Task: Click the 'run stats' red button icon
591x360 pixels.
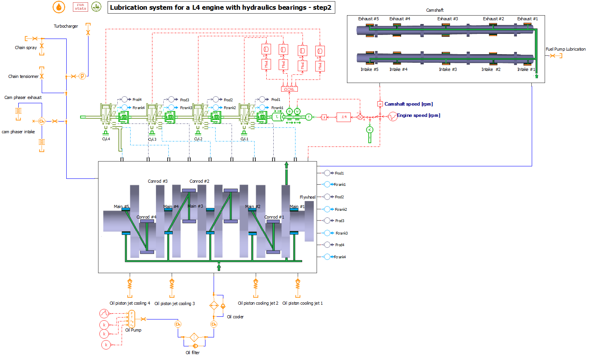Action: (80, 7)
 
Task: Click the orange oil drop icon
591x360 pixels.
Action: (59, 7)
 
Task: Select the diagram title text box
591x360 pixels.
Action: (221, 7)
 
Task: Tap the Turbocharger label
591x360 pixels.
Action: (66, 26)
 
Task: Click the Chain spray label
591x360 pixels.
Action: (26, 48)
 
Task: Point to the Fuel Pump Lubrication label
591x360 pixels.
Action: (565, 49)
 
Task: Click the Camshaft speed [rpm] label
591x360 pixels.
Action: (408, 104)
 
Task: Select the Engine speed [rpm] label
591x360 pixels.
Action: (418, 115)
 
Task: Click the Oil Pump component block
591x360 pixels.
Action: (132, 319)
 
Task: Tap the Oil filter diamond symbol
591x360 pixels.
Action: (194, 337)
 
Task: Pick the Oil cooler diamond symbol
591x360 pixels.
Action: (214, 305)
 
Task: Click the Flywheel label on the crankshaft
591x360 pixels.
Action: (307, 197)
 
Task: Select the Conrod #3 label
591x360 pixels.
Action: (157, 181)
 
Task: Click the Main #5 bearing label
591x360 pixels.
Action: (121, 206)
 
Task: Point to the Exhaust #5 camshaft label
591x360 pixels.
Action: (368, 19)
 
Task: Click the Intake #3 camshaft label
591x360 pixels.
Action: (448, 69)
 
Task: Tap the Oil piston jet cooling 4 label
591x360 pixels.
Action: (129, 303)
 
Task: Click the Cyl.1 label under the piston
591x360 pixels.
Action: (244, 139)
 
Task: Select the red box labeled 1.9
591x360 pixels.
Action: (343, 117)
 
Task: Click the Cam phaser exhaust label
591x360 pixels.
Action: (23, 97)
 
